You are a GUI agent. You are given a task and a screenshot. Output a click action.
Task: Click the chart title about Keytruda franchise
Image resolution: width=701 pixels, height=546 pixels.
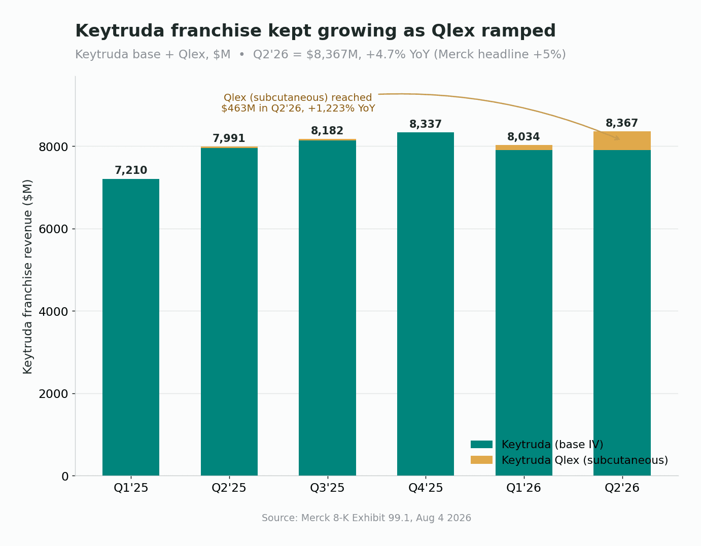315,31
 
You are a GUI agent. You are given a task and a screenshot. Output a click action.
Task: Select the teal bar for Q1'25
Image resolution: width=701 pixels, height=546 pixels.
131,327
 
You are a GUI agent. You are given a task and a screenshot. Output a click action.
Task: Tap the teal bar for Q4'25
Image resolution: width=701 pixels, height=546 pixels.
425,304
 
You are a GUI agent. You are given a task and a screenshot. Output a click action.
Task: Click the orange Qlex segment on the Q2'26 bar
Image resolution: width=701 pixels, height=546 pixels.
622,141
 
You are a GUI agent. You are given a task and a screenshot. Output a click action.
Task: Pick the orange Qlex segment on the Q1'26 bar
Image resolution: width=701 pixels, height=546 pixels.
523,148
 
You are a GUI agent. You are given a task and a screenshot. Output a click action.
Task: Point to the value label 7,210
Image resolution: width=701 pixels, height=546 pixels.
131,170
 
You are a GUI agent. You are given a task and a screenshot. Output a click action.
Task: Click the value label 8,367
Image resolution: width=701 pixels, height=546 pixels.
622,123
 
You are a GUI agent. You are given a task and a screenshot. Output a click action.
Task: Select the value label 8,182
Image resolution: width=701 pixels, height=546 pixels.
327,131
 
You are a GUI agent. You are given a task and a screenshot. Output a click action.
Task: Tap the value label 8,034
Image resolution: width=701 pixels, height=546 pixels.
523,137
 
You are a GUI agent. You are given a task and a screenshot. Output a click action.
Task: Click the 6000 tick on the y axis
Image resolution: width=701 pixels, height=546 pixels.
53,229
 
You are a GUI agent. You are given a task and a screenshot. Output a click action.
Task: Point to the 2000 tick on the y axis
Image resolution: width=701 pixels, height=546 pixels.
53,394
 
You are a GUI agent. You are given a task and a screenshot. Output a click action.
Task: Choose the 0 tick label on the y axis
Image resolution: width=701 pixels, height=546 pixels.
65,477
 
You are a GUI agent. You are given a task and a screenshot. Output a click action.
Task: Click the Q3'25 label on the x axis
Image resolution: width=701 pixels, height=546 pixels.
327,488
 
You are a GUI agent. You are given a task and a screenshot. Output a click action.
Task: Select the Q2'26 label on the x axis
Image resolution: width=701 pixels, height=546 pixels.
622,488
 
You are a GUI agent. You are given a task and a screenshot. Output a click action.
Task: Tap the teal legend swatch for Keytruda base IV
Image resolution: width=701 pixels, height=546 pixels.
481,444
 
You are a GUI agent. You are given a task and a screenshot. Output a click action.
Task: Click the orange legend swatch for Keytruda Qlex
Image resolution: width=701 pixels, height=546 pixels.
481,460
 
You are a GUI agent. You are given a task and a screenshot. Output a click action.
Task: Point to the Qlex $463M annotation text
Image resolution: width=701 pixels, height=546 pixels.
298,103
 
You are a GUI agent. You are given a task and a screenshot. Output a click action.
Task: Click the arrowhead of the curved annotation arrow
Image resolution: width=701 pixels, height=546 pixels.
617,138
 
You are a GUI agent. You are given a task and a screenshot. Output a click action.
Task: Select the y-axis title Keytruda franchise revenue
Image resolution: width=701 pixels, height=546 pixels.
27,276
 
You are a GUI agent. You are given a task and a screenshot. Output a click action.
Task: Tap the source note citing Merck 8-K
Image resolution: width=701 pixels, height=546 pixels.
366,518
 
